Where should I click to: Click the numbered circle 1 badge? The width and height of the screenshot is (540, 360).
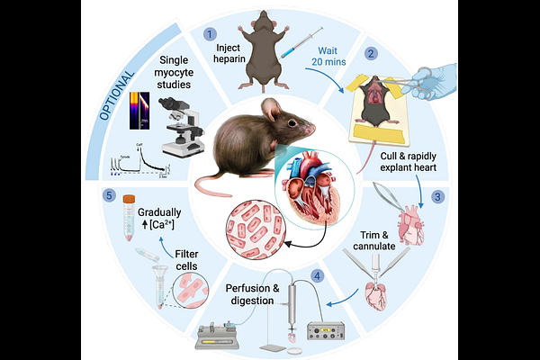[x=210, y=34]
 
